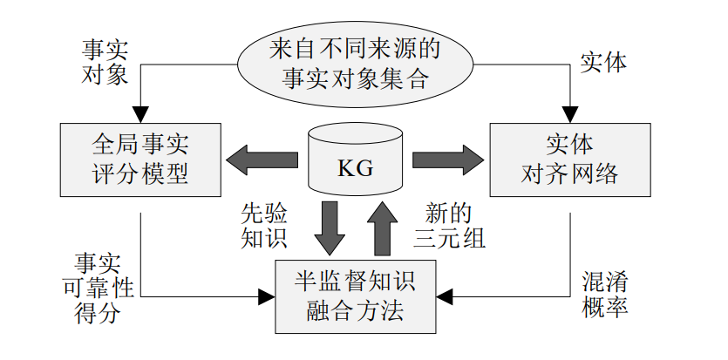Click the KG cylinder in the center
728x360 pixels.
[x=355, y=159]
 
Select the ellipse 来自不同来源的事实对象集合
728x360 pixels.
[x=355, y=65]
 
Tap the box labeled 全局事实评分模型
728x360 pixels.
[x=140, y=160]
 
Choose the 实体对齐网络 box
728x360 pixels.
[x=570, y=160]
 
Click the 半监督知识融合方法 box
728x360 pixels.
[x=355, y=296]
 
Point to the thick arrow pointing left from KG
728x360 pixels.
[x=262, y=160]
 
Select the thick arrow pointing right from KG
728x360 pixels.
[x=448, y=160]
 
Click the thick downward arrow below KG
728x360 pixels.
[x=330, y=228]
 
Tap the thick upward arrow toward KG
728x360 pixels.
[x=382, y=228]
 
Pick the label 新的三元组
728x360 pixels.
[x=449, y=226]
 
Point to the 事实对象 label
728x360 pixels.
[x=105, y=62]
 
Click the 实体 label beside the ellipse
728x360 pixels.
[x=603, y=62]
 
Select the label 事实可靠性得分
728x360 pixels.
[x=99, y=289]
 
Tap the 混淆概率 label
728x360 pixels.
[x=605, y=295]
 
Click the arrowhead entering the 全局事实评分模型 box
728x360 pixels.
[x=140, y=114]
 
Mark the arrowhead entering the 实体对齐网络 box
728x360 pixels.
[x=570, y=114]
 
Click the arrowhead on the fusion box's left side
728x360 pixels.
[x=267, y=297]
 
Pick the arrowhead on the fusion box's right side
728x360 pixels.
[x=445, y=297]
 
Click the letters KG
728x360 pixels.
[x=355, y=169]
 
